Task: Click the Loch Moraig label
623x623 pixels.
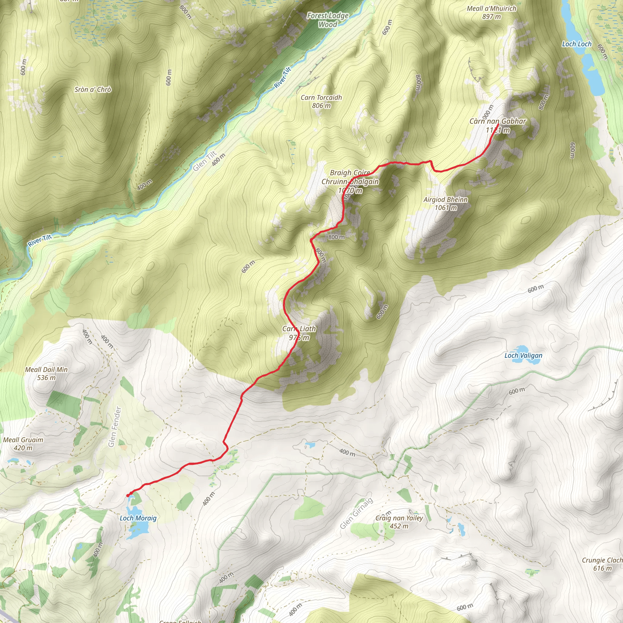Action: (138, 518)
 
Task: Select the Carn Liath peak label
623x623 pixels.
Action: (299, 333)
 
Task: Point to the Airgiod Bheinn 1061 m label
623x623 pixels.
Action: (445, 204)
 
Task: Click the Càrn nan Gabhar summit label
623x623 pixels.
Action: (498, 125)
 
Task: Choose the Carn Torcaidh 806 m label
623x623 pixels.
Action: (321, 101)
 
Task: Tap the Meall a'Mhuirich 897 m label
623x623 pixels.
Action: (492, 12)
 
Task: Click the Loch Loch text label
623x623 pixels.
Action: (576, 44)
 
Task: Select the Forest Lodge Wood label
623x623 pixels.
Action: (328, 20)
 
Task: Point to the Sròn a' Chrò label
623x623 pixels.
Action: (93, 90)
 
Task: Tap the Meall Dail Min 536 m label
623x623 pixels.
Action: (47, 374)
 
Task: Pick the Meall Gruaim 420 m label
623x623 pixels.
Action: (23, 444)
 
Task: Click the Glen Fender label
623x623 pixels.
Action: (115, 426)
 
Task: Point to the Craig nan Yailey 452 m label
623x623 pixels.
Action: (399, 522)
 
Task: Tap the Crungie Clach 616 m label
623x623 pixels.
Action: (602, 564)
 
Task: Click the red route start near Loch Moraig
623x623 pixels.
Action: (128, 495)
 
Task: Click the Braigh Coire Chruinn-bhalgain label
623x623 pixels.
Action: (350, 182)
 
